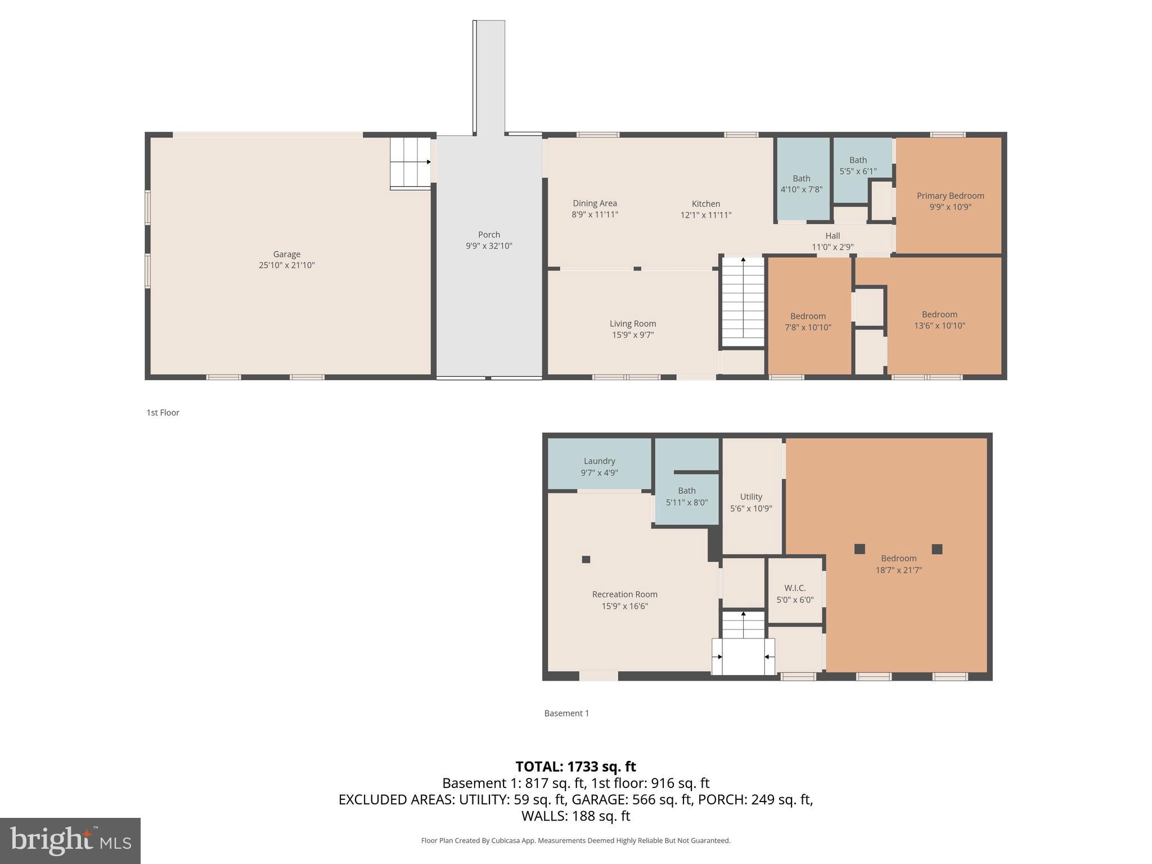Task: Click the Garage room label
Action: (286, 254)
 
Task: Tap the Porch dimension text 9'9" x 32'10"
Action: (489, 246)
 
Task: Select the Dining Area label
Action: (595, 204)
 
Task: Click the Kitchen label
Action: (705, 204)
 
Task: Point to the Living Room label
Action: (633, 323)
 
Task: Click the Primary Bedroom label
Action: (950, 196)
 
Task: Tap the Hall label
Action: (832, 236)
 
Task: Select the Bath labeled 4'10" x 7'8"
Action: (801, 184)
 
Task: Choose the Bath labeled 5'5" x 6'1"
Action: (858, 165)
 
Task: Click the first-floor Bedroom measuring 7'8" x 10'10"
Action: (808, 321)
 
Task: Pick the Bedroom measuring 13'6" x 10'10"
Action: (939, 319)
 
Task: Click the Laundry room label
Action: (599, 461)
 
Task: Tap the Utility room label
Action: (751, 497)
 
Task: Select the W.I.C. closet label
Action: (795, 588)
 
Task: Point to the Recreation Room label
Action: (624, 595)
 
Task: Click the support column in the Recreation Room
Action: (586, 559)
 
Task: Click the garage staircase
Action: (411, 163)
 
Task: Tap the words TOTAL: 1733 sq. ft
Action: (575, 767)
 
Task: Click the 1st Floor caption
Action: (163, 412)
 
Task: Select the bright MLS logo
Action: (70, 840)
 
